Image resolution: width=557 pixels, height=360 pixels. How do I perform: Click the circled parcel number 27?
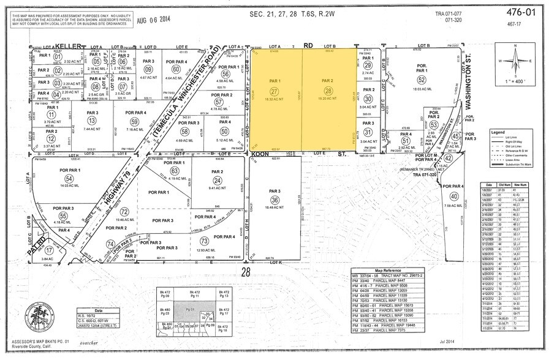[x=274, y=91]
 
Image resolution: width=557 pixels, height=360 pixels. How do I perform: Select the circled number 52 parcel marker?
[x=421, y=80]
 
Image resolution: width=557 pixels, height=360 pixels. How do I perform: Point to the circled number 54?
[x=69, y=178]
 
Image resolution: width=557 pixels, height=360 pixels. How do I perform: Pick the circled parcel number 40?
[x=453, y=196]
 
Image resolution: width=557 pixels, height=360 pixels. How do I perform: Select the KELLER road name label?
[x=68, y=46]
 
